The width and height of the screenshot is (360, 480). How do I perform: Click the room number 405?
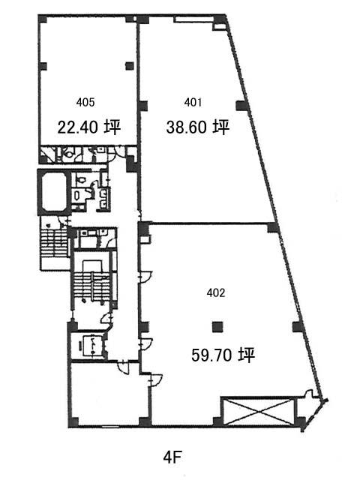85,102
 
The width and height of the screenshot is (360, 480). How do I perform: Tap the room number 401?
193,102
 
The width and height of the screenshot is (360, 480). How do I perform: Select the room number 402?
216,293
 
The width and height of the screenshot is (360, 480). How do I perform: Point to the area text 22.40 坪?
89,127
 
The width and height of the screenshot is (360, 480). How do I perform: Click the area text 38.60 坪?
198,127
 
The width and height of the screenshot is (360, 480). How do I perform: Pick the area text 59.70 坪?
223,355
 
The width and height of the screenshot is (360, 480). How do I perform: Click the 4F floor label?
172,458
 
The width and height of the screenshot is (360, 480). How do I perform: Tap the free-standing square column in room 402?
217,327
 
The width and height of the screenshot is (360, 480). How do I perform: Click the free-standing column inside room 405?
130,66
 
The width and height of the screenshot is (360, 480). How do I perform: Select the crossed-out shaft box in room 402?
258,412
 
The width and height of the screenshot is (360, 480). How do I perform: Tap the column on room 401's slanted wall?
241,106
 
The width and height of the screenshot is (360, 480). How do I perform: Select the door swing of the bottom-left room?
124,367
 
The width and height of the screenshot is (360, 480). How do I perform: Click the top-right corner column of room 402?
273,228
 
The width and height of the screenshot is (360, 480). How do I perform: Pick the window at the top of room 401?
193,19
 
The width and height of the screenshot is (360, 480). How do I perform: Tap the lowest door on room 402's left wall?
155,380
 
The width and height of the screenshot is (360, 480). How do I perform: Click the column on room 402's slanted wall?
298,327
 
